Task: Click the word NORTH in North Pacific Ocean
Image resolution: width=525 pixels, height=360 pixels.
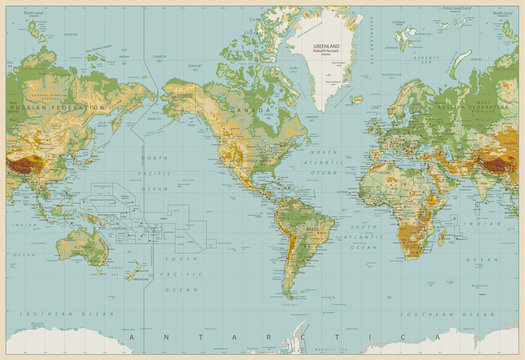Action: [154, 157]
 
